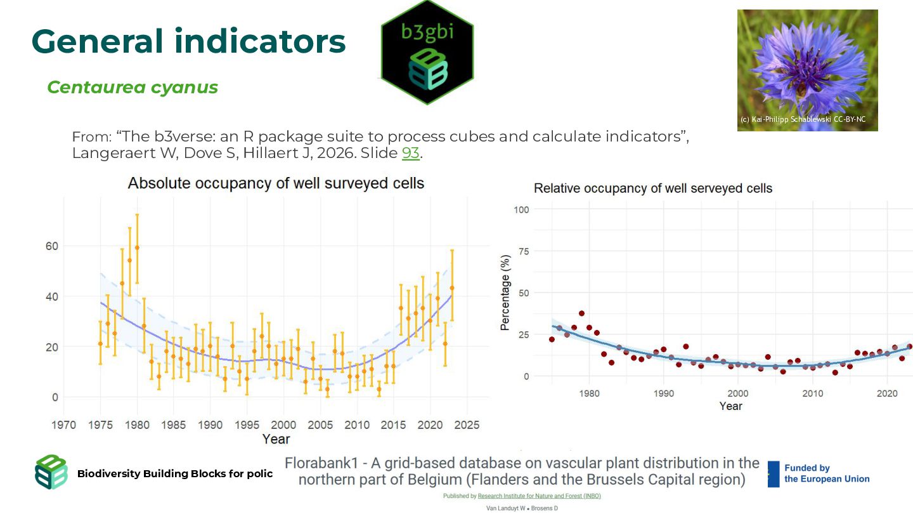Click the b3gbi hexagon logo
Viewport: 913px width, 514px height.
427,52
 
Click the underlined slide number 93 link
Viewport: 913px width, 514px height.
411,153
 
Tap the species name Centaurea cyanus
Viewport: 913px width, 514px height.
133,87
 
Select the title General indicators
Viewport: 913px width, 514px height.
188,41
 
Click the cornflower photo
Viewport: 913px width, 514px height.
807,63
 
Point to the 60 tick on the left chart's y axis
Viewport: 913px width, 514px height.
51,246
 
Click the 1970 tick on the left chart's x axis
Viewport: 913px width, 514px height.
63,425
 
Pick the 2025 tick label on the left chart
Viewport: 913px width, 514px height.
467,425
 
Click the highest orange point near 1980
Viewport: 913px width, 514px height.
137,247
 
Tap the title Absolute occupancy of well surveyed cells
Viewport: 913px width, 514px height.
276,183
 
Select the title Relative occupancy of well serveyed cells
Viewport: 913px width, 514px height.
653,188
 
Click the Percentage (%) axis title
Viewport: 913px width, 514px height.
505,293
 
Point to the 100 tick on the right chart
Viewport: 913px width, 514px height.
521,209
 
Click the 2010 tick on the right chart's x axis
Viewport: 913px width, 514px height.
812,393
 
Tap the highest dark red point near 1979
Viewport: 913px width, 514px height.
581,313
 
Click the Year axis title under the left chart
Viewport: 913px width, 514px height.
276,439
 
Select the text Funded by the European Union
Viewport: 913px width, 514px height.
827,473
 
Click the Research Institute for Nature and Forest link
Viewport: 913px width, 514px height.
539,496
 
